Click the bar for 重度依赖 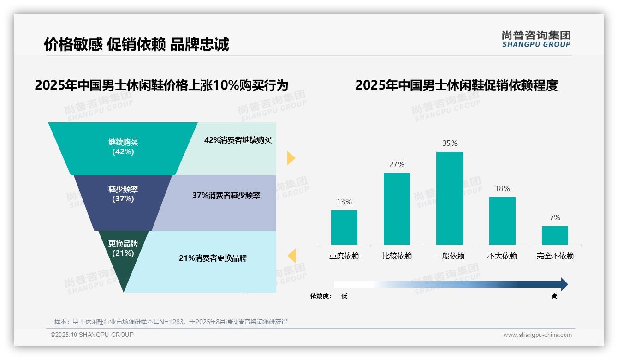(x=344, y=227)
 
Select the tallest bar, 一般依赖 (x=449, y=198)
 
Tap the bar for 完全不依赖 (x=555, y=235)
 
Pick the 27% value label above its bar (x=397, y=164)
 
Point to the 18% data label (x=502, y=188)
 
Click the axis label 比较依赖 (x=397, y=256)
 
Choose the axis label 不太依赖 (x=502, y=256)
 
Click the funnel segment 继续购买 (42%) (x=123, y=147)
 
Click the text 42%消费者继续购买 (x=238, y=140)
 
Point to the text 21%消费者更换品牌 (x=213, y=258)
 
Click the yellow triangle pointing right (x=291, y=158)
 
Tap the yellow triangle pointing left (x=291, y=255)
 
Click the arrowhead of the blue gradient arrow (x=564, y=284)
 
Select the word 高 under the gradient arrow (x=554, y=296)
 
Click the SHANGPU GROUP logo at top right (x=536, y=39)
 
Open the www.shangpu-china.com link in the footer (x=537, y=335)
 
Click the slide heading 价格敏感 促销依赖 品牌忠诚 (x=136, y=44)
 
